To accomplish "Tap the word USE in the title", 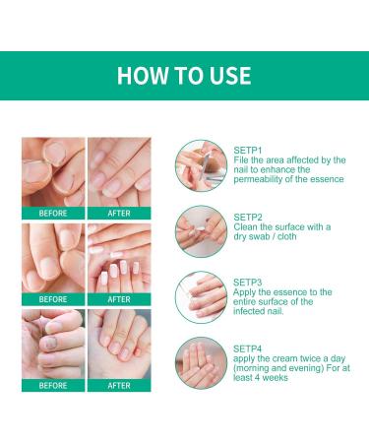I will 228,76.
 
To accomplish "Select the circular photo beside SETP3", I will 201,295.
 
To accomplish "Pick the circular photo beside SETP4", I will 201,362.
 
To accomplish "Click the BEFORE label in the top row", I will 53,213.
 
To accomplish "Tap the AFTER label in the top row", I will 118,213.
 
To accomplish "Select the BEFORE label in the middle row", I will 53,299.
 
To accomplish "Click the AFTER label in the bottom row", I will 118,385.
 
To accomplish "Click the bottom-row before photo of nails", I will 53,344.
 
